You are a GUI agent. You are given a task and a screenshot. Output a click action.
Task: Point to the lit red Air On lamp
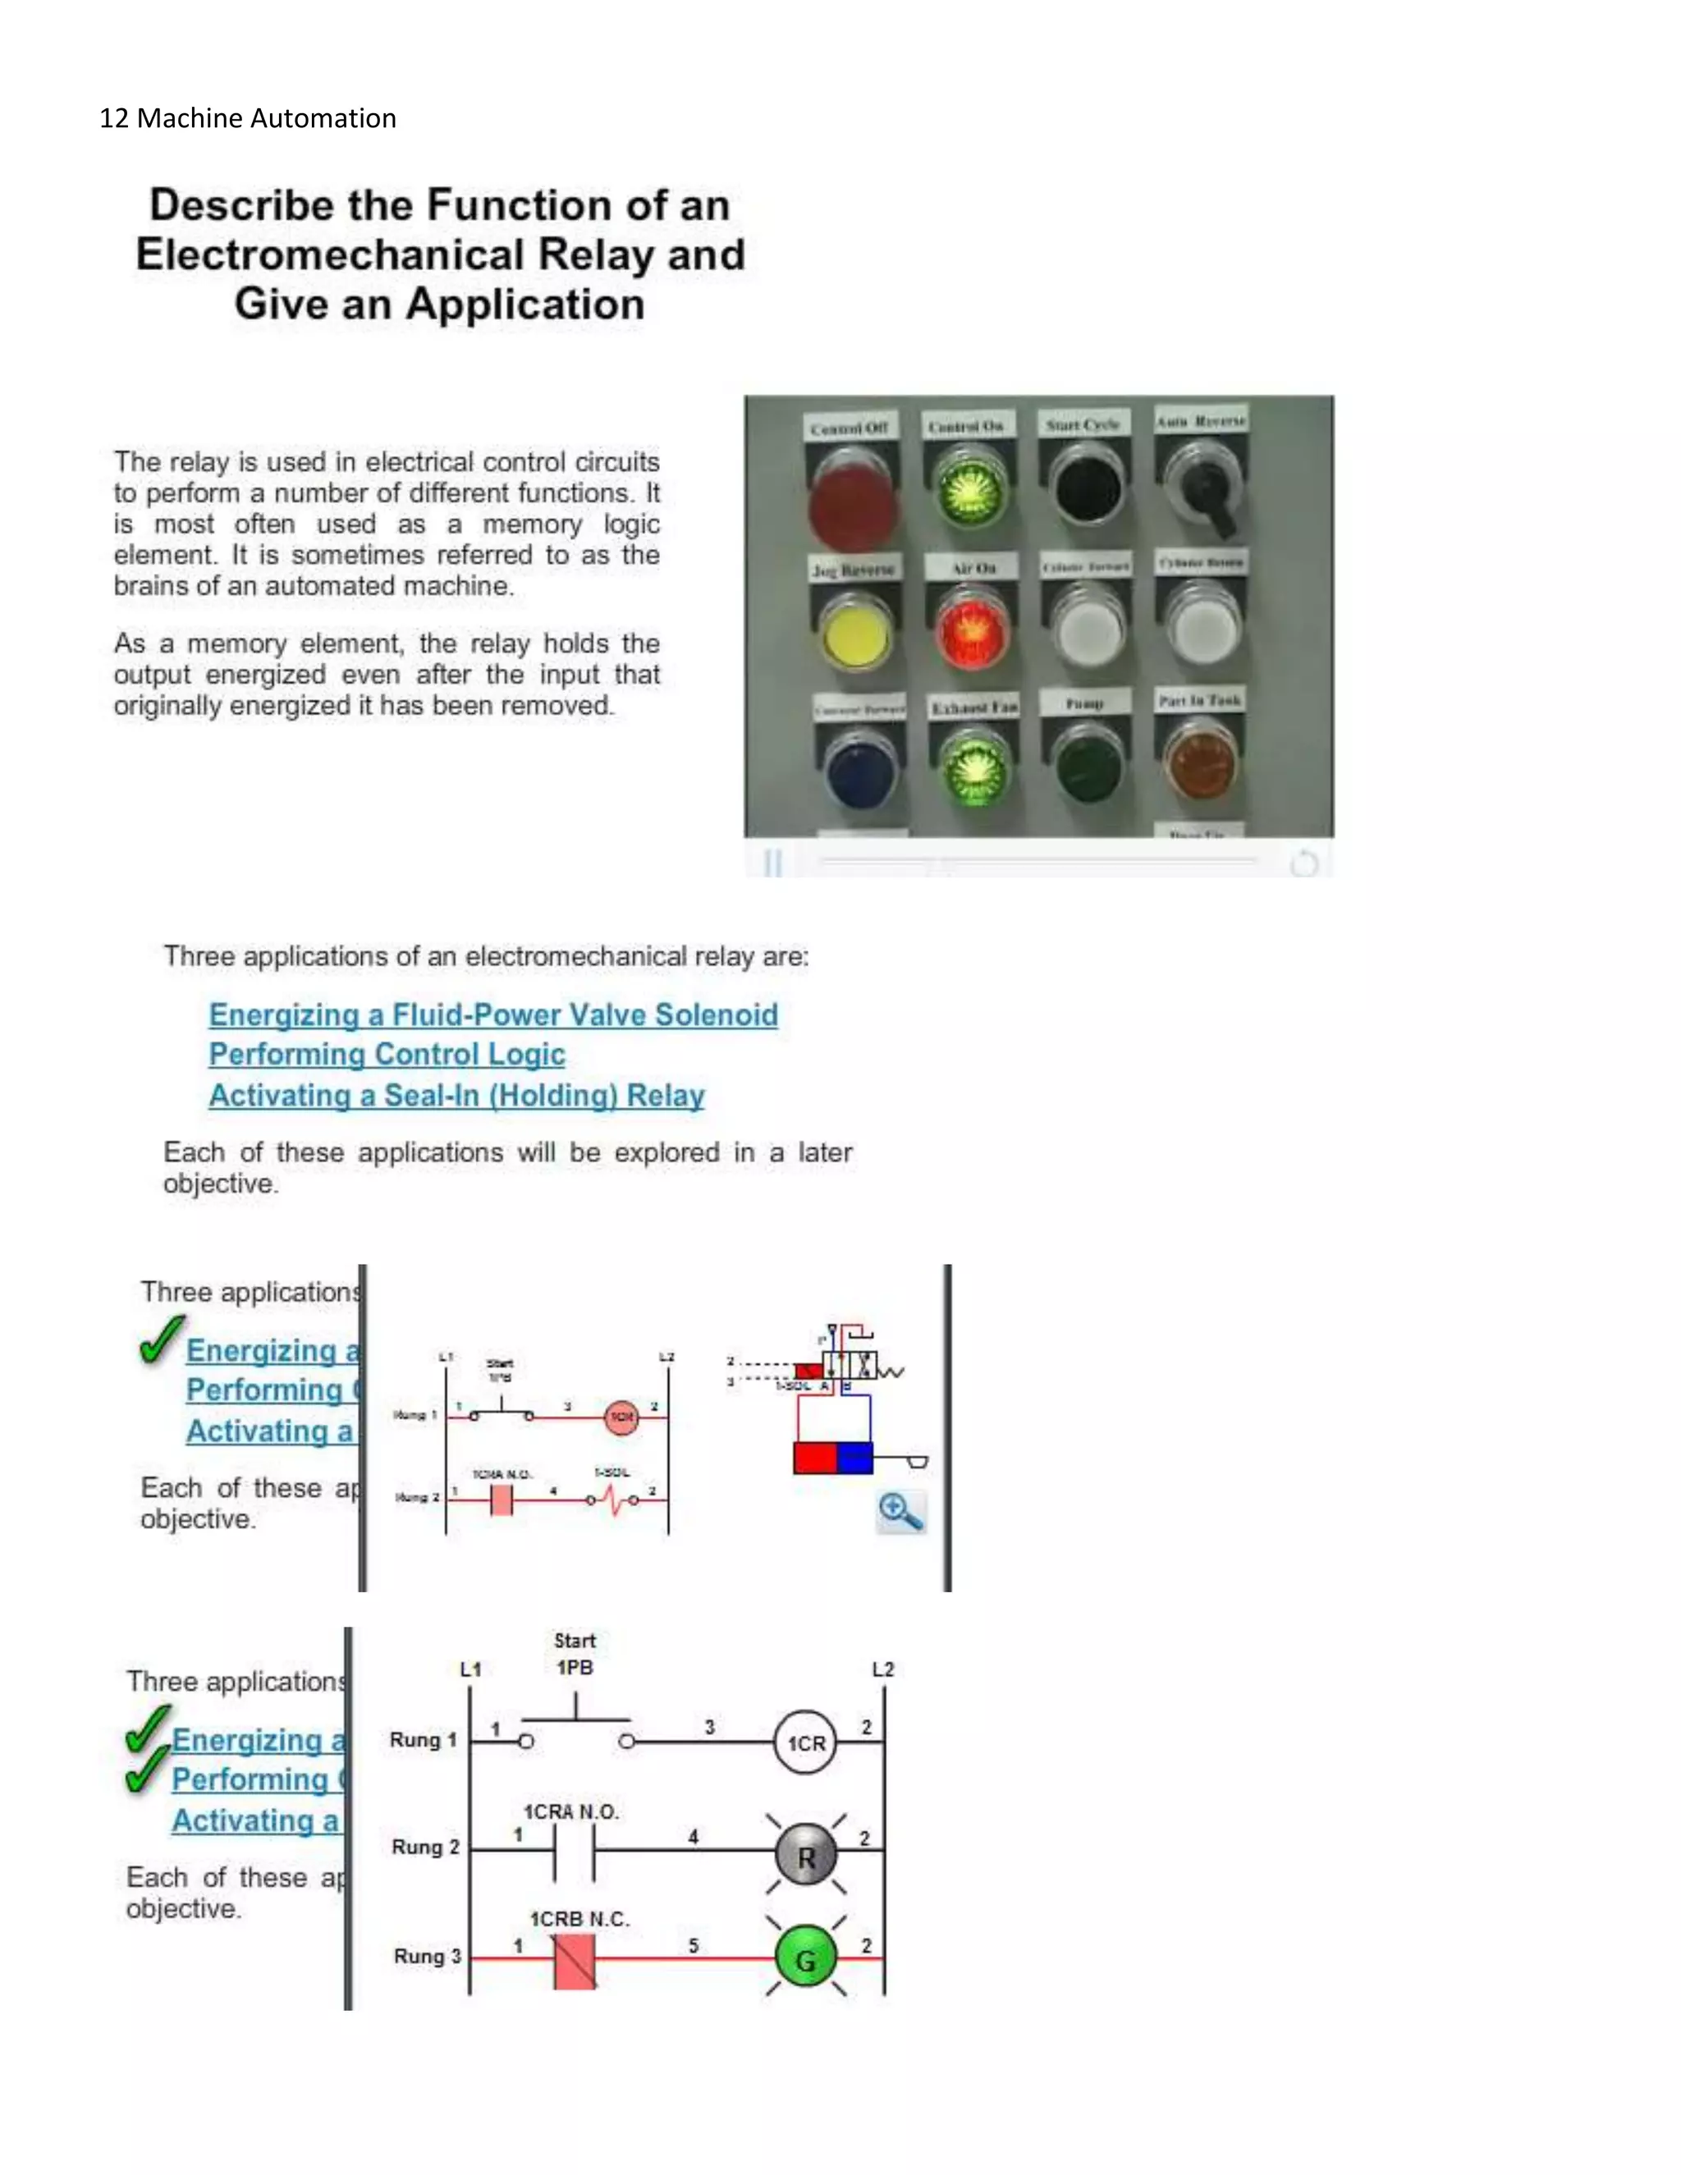[x=971, y=630]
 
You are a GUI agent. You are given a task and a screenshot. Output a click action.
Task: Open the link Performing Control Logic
[x=387, y=1055]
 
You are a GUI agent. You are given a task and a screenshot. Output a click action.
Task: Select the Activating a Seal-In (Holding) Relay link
[x=456, y=1096]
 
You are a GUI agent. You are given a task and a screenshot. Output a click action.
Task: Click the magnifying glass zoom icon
[x=900, y=1512]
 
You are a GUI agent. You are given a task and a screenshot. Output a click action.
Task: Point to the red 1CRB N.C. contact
[x=575, y=1960]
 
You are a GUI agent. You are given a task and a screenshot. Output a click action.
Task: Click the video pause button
[x=772, y=863]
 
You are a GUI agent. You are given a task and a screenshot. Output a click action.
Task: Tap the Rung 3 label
[x=427, y=1956]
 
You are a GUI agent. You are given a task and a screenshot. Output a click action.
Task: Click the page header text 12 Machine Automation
[x=248, y=118]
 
